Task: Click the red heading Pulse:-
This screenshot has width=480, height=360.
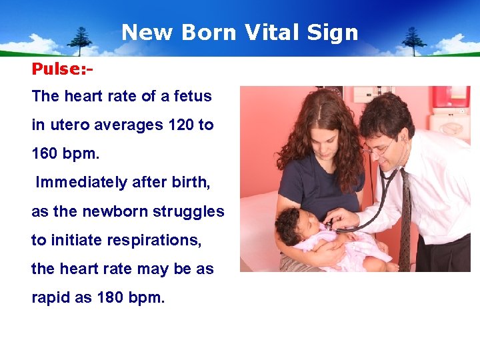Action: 62,69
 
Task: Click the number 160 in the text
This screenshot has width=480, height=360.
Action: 45,153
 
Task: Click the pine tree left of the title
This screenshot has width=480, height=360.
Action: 80,40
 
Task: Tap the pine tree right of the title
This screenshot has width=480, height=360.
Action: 413,40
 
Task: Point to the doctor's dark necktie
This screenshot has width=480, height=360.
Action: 405,220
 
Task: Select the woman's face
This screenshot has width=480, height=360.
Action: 321,139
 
